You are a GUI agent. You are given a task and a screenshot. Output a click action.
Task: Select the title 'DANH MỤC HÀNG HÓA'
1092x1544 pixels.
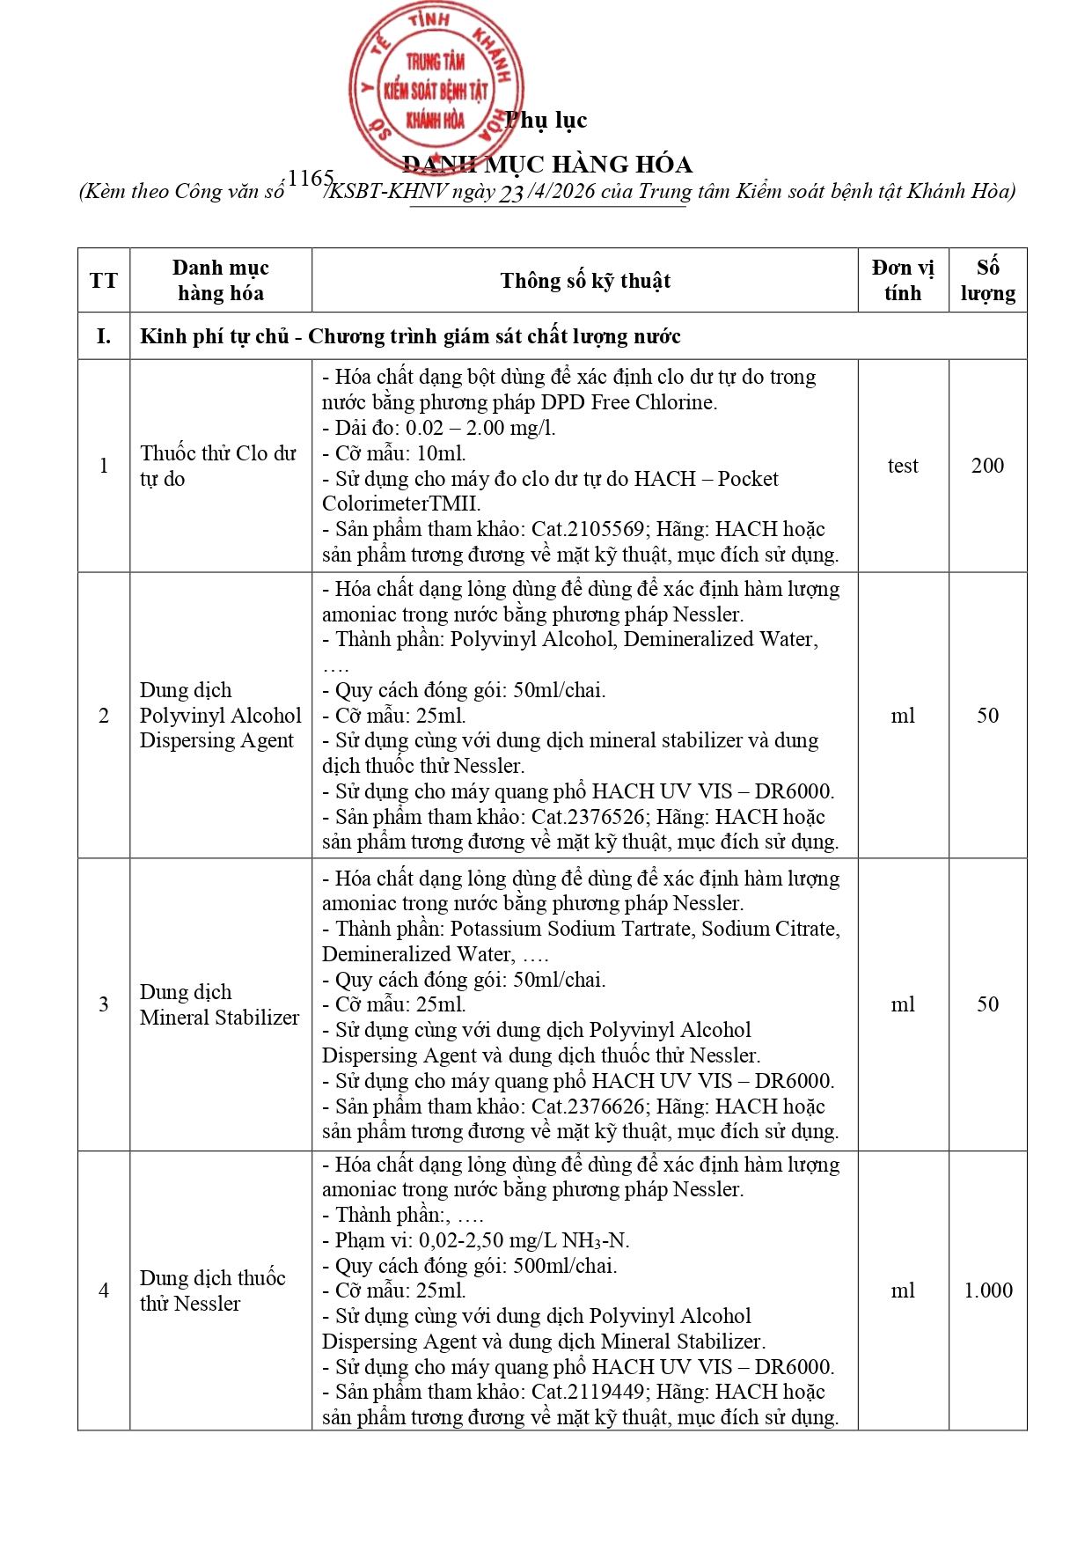click(547, 165)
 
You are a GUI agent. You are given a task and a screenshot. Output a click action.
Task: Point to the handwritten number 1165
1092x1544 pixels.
click(310, 179)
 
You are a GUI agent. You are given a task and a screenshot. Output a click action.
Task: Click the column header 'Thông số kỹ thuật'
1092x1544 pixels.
click(585, 281)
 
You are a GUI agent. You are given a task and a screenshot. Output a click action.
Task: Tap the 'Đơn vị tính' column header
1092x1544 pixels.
click(903, 280)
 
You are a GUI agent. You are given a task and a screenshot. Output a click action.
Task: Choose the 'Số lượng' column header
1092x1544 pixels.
click(987, 280)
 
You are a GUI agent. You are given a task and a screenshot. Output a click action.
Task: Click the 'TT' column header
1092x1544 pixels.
click(103, 281)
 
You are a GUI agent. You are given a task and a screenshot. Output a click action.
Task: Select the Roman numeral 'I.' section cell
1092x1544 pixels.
click(103, 336)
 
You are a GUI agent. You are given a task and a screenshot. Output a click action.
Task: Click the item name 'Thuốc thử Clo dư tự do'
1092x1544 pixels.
click(218, 466)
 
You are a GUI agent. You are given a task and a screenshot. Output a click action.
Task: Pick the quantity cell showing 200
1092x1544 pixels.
click(987, 466)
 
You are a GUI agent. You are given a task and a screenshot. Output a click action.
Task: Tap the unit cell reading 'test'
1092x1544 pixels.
click(903, 466)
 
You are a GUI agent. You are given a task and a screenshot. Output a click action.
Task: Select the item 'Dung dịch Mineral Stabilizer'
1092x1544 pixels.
click(219, 1004)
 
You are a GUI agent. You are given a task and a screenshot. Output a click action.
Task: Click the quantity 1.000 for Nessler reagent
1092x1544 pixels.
click(987, 1290)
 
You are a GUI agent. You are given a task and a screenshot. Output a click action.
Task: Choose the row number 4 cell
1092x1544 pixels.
click(103, 1290)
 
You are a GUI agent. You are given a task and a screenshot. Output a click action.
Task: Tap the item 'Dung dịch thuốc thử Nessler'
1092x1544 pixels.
click(213, 1290)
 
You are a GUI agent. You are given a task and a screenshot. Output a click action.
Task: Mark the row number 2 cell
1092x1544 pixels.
click(103, 716)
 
